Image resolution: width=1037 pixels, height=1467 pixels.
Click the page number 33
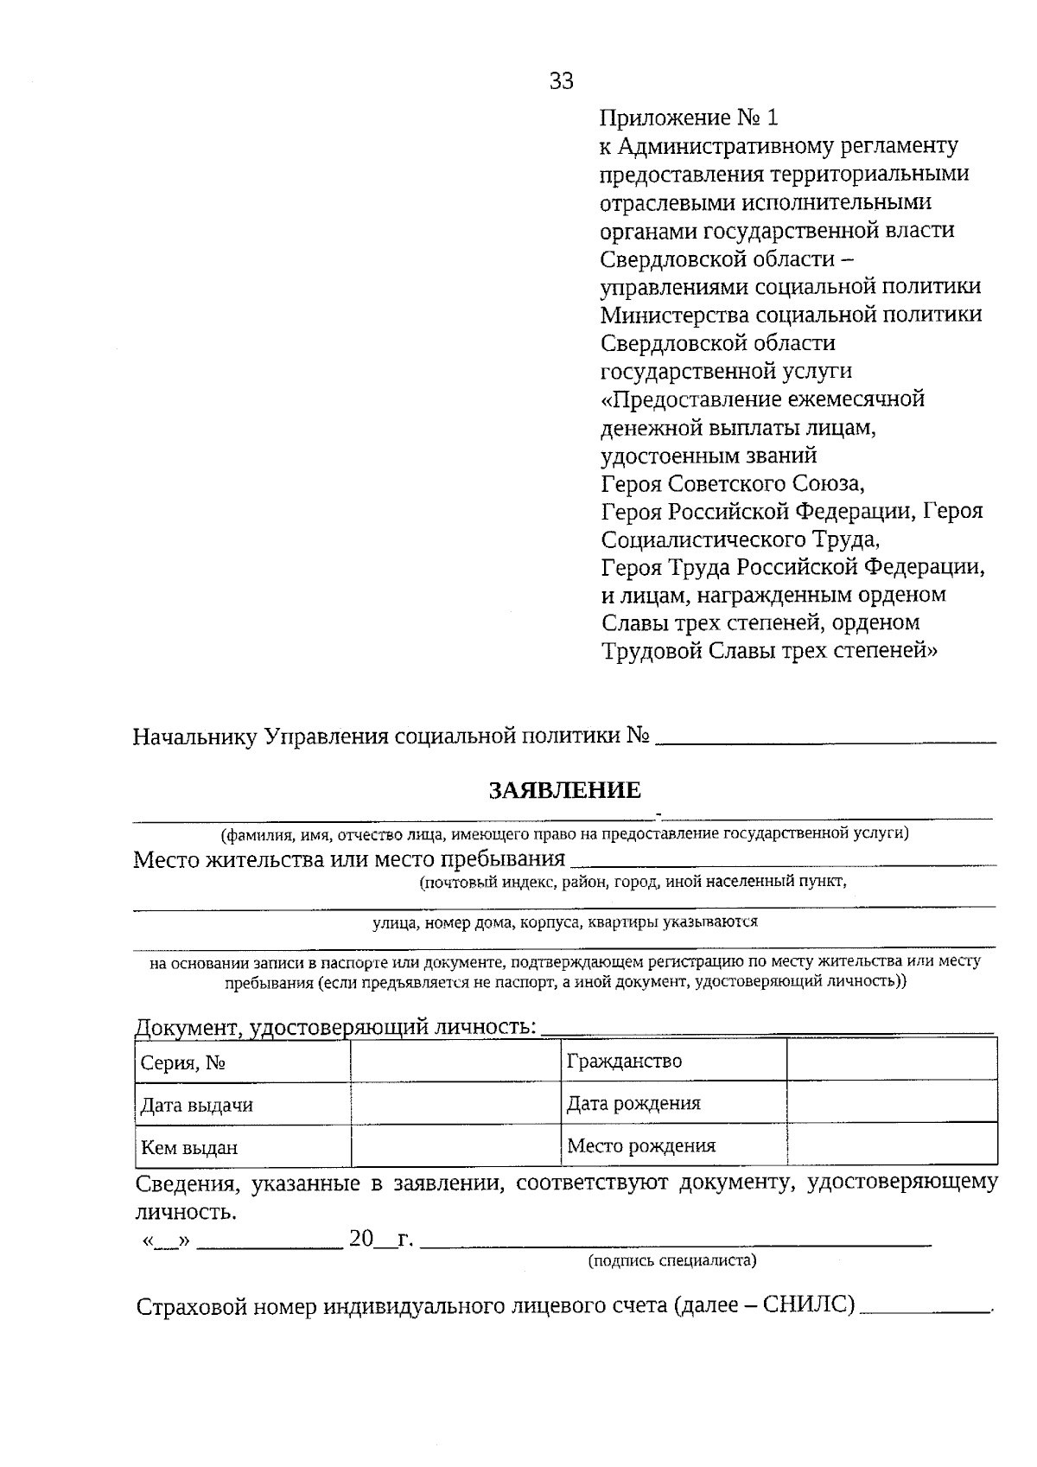(561, 81)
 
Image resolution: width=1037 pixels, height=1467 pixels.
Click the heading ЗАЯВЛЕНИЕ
(565, 790)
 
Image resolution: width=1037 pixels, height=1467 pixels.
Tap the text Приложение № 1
(689, 118)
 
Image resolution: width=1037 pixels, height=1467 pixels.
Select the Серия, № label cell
(242, 1062)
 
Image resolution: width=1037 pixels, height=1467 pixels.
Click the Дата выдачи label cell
(242, 1105)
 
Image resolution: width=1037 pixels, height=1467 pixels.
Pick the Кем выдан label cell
(242, 1147)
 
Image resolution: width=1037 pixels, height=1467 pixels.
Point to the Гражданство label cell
(673, 1061)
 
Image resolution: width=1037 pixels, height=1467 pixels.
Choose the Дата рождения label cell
(673, 1103)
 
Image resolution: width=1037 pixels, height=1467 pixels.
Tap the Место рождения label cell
(673, 1145)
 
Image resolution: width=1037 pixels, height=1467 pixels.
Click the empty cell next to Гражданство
(892, 1061)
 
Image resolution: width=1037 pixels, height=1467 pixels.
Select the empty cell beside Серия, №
(455, 1062)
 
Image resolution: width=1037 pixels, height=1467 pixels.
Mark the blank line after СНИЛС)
(925, 1309)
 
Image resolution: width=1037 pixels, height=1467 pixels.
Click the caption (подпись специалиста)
(671, 1260)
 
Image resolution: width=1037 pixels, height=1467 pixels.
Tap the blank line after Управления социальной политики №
(825, 739)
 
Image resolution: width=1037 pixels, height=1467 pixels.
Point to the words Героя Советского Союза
(732, 483)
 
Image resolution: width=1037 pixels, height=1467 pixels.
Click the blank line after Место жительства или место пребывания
(783, 862)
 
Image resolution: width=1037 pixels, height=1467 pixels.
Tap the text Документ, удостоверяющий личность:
(335, 1027)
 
